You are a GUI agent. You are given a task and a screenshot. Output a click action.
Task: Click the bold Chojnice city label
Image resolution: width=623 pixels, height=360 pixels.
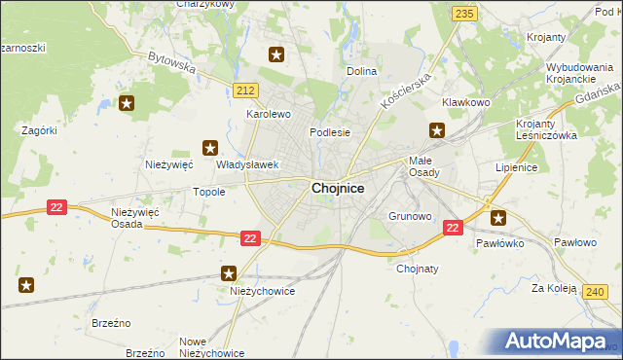338,190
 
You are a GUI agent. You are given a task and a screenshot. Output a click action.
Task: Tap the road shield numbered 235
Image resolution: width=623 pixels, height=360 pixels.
464,13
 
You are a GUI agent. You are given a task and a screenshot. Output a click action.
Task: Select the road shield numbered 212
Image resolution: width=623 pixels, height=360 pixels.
246,90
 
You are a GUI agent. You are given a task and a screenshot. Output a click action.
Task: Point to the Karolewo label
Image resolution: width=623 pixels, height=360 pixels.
269,114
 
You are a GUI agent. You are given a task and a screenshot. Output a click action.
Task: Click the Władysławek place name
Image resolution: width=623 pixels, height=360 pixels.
248,165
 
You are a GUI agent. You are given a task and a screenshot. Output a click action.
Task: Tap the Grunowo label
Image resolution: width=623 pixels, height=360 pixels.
410,216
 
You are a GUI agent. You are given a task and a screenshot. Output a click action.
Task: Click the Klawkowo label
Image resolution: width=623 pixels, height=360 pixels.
465,102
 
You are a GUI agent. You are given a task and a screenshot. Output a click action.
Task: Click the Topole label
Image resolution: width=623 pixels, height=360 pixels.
209,192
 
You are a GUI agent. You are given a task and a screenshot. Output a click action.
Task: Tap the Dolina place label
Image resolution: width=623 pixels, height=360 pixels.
362,71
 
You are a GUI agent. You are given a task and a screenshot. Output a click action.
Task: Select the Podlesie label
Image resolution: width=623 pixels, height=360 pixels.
329,132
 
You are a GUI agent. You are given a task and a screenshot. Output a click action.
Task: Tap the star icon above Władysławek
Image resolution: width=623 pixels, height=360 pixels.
209,148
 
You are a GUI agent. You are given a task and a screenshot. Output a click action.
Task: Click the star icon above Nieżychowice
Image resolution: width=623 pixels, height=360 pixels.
229,274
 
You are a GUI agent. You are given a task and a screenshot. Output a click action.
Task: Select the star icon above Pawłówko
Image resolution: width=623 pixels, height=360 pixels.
499,218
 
